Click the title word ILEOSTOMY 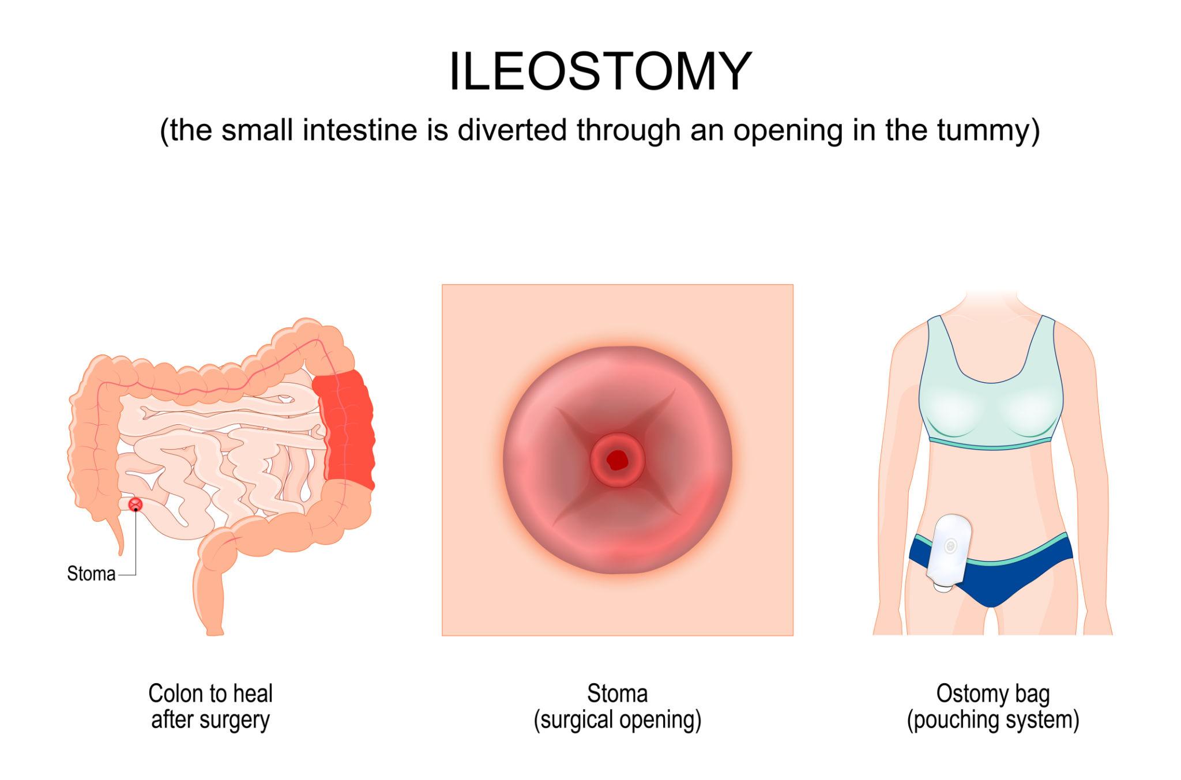pyautogui.click(x=600, y=72)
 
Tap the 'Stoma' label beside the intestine pyautogui.click(x=91, y=574)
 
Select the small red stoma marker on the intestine pyautogui.click(x=136, y=504)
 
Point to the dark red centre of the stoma pyautogui.click(x=617, y=459)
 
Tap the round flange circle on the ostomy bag pyautogui.click(x=951, y=545)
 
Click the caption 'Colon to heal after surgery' pyautogui.click(x=210, y=707)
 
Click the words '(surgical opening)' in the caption pyautogui.click(x=617, y=721)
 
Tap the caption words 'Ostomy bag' pyautogui.click(x=992, y=694)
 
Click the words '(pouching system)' pyautogui.click(x=992, y=721)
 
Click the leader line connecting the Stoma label pyautogui.click(x=136, y=548)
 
